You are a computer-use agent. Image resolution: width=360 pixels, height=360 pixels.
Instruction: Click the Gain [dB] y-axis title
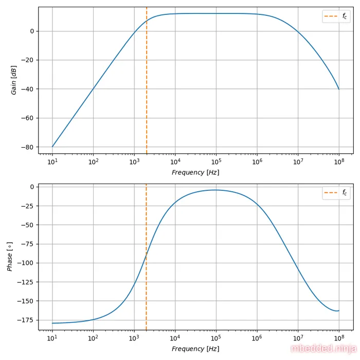tap(14, 80)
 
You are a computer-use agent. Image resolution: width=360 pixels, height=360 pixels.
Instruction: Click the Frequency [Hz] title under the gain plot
tap(195, 172)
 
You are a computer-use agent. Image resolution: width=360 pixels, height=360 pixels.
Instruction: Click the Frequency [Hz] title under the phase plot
tap(195, 349)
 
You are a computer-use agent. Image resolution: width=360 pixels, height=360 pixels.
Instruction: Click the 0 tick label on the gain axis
tap(31, 31)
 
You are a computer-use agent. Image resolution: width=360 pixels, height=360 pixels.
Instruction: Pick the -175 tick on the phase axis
tap(26, 320)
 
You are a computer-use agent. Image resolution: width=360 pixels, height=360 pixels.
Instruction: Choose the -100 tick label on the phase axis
tap(26, 263)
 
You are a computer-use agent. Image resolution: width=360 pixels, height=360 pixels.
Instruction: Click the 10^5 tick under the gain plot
tap(216, 162)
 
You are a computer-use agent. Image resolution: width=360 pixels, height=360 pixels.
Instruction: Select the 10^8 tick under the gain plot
tap(338, 162)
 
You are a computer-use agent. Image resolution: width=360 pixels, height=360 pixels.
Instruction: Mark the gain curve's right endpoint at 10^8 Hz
tap(338, 89)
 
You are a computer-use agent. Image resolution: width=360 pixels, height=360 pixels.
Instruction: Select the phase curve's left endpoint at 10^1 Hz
tap(52, 323)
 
